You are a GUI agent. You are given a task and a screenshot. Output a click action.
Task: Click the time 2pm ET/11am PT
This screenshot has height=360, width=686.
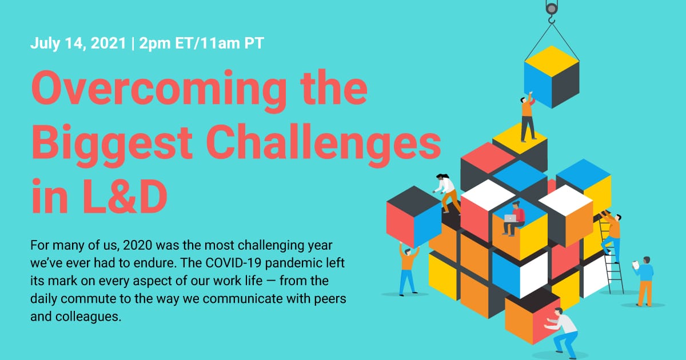(200, 43)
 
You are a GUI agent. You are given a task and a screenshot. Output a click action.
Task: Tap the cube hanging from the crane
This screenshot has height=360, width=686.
(551, 77)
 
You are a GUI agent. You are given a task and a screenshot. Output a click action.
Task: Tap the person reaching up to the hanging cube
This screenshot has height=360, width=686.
(528, 117)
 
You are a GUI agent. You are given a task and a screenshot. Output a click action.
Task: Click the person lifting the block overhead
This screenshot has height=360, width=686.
(407, 269)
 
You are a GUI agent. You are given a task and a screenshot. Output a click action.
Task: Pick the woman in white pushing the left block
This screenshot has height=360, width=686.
(447, 192)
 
